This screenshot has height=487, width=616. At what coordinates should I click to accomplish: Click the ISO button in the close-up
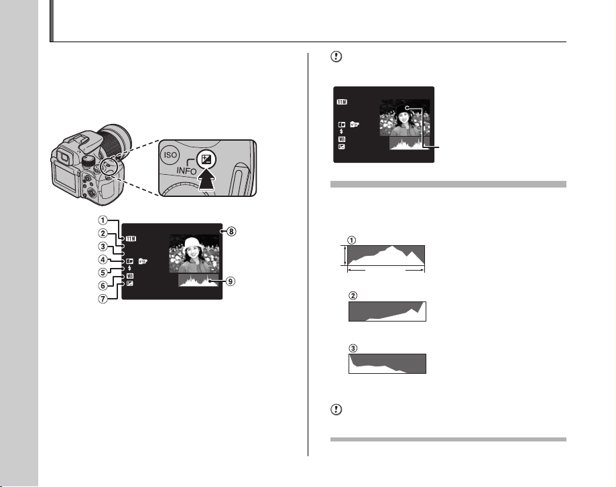pyautogui.click(x=170, y=155)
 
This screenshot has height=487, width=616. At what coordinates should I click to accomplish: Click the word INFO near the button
pyautogui.click(x=186, y=170)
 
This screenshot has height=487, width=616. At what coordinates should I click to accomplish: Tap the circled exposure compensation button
pyautogui.click(x=206, y=160)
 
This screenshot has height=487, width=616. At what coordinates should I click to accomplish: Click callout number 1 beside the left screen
pyautogui.click(x=103, y=220)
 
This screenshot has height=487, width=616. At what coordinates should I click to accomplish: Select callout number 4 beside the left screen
pyautogui.click(x=103, y=260)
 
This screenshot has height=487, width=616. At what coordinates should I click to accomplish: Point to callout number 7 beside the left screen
pyautogui.click(x=103, y=299)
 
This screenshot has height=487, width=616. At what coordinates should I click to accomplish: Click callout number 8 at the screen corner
pyautogui.click(x=231, y=231)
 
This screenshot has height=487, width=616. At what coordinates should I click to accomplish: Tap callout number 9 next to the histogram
pyautogui.click(x=231, y=281)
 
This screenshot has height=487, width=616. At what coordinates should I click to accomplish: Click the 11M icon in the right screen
pyautogui.click(x=342, y=102)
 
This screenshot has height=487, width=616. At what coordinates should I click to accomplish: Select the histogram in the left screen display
pyautogui.click(x=198, y=281)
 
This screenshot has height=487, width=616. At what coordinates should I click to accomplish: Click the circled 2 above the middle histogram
pyautogui.click(x=353, y=295)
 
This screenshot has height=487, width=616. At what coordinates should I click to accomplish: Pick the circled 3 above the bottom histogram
pyautogui.click(x=353, y=348)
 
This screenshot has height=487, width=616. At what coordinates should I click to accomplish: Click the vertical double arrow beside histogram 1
pyautogui.click(x=345, y=256)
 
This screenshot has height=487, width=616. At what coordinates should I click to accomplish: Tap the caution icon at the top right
pyautogui.click(x=336, y=56)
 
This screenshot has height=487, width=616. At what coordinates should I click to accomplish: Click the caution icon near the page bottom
pyautogui.click(x=336, y=410)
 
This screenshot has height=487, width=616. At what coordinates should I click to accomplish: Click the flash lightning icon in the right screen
pyautogui.click(x=341, y=131)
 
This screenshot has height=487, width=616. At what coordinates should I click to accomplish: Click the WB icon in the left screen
pyautogui.click(x=130, y=276)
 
